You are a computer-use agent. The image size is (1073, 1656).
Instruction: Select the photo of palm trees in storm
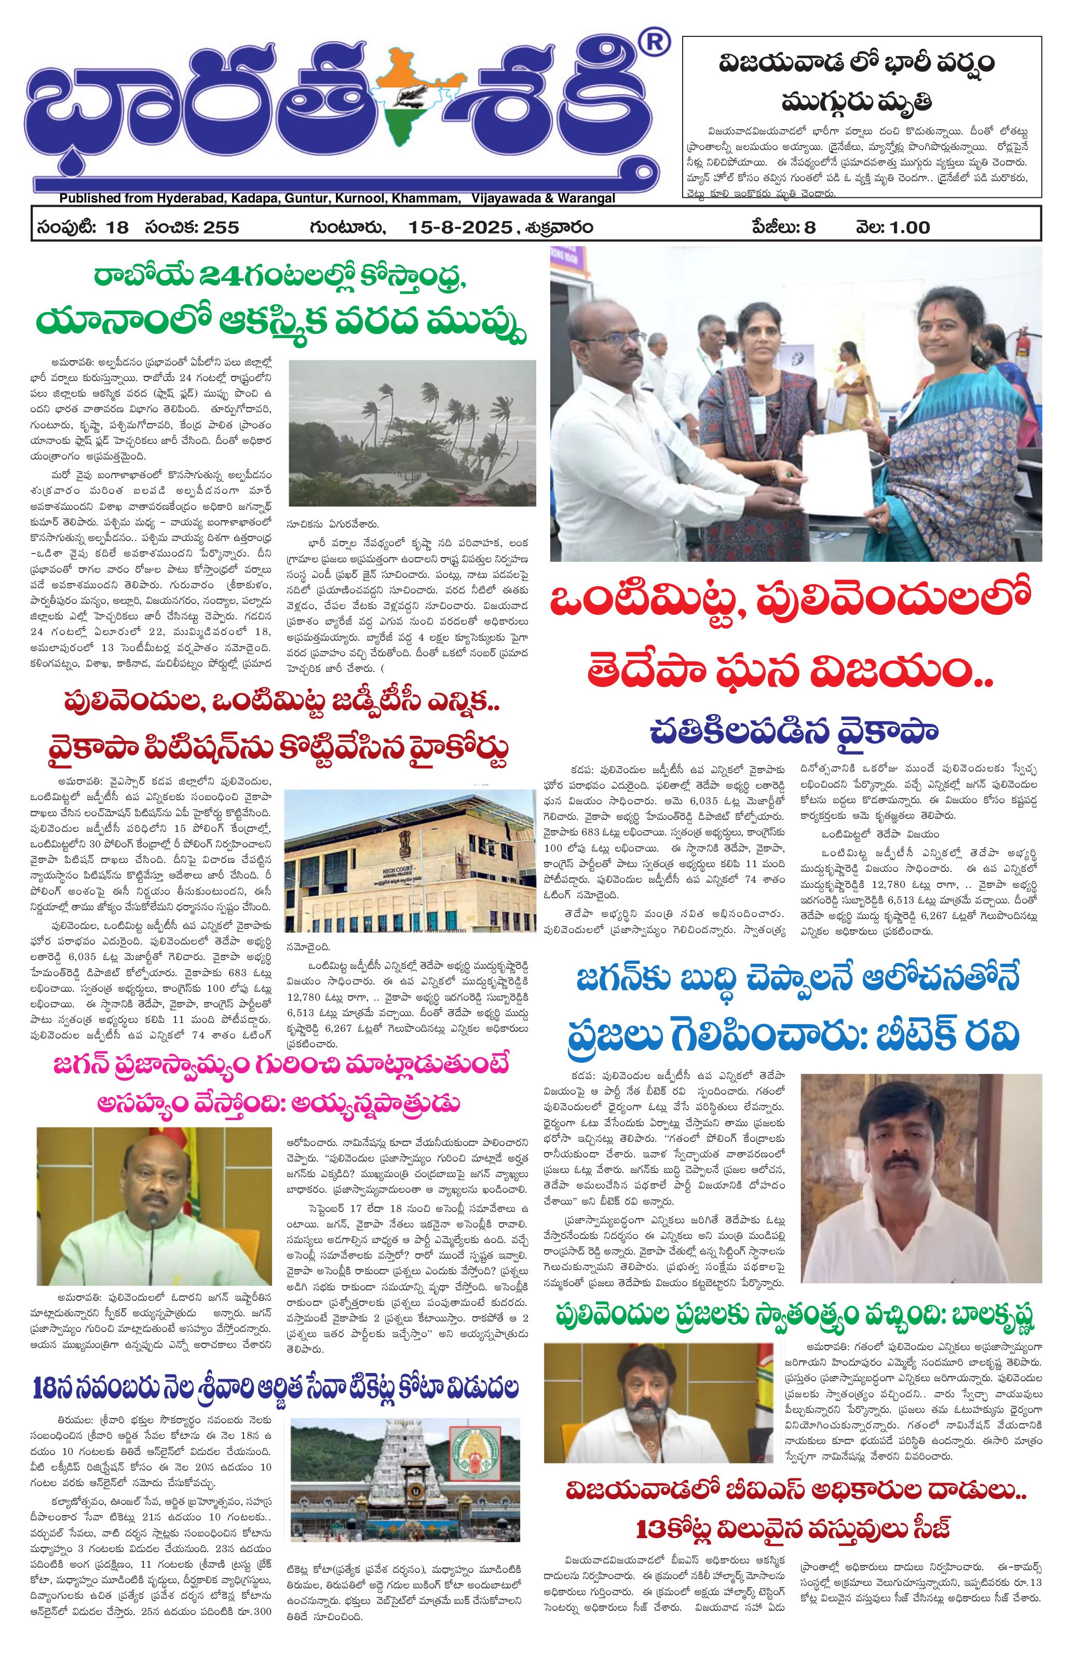pyautogui.click(x=412, y=432)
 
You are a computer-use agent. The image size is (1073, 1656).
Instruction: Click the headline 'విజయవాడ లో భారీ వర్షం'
pyautogui.click(x=856, y=64)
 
